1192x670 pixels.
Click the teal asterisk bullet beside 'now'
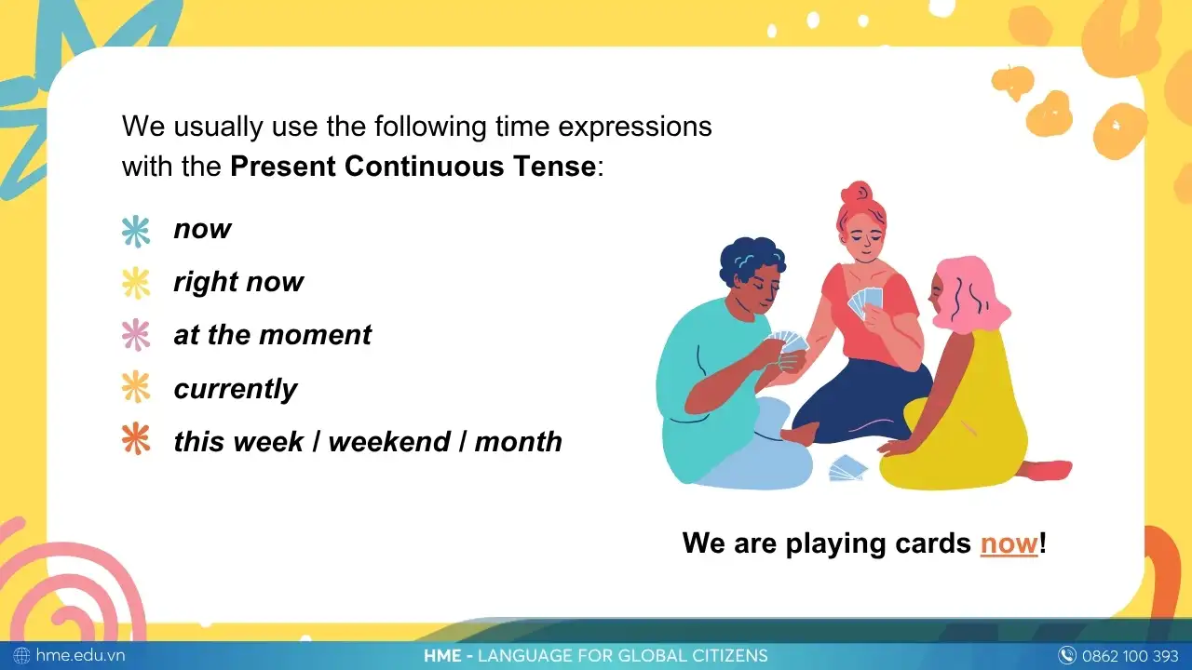(x=136, y=231)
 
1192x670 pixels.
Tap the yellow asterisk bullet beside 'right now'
(x=136, y=283)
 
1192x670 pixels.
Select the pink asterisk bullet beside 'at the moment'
(x=136, y=335)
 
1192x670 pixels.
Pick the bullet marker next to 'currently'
(x=136, y=387)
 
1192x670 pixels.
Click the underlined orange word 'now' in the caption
(x=1009, y=543)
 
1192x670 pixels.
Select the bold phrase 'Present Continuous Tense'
(x=413, y=167)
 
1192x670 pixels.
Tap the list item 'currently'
(x=236, y=389)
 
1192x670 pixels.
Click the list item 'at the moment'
(x=272, y=336)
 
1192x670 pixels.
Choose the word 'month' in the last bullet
(x=518, y=441)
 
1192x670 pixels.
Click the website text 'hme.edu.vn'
(x=80, y=655)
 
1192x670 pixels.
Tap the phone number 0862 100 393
(x=1130, y=655)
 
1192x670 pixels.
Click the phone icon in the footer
(x=1067, y=655)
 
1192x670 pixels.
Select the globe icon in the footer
(x=21, y=655)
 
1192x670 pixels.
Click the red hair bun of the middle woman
(x=856, y=195)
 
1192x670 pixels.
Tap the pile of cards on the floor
(x=847, y=468)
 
